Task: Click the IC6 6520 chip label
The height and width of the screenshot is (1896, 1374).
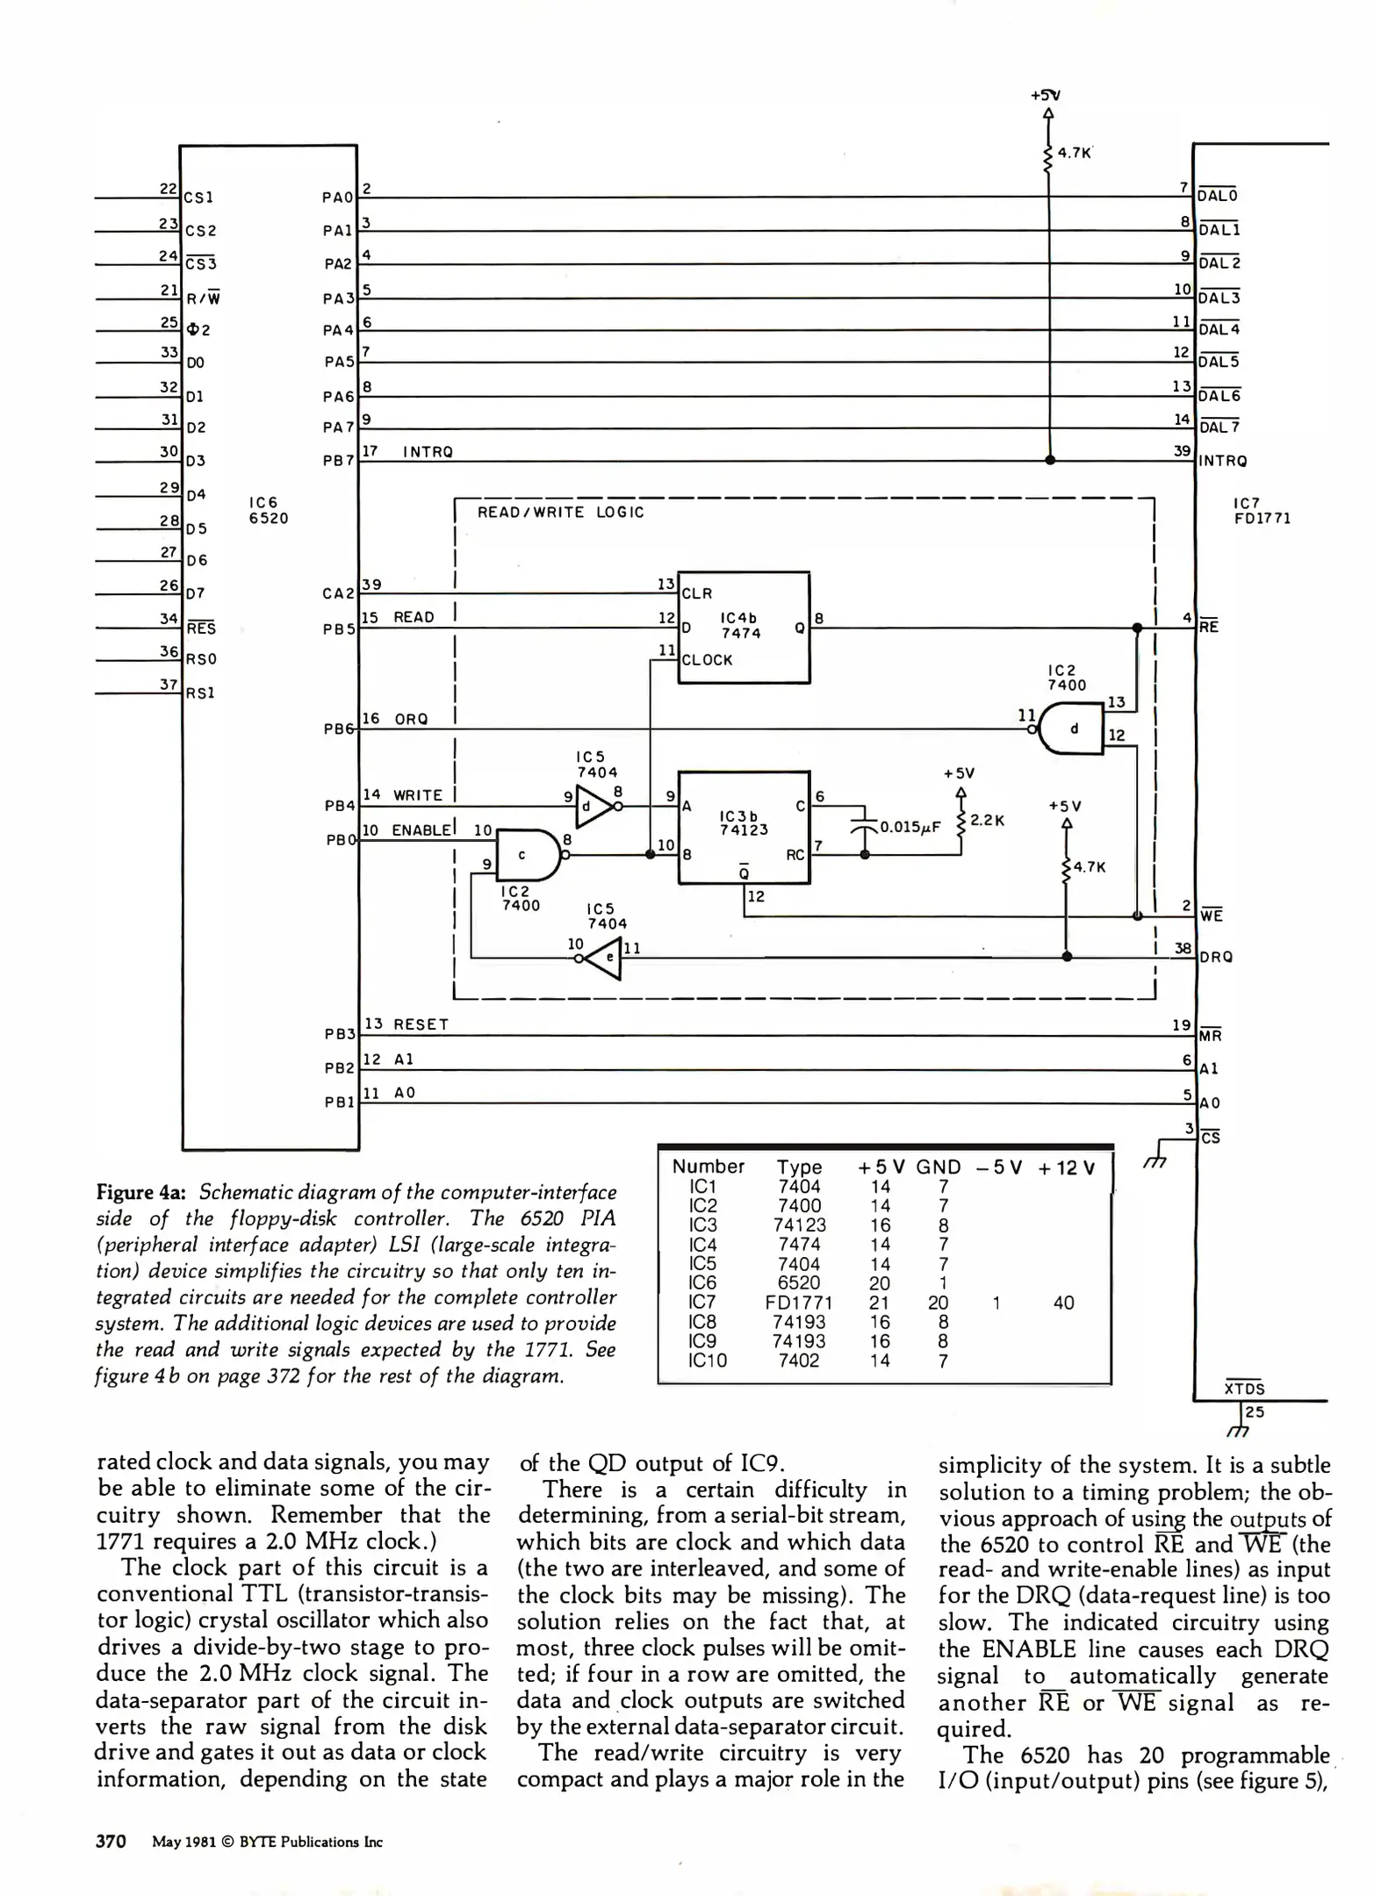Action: pos(269,510)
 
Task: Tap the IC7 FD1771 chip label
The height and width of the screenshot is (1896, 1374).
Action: pos(1262,511)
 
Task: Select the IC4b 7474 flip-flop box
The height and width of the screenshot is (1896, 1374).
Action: pos(745,628)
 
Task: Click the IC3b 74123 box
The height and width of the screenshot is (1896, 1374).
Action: pos(745,828)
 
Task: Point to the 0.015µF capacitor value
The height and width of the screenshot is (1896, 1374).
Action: pos(910,827)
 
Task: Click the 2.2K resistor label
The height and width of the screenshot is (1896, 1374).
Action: pos(987,820)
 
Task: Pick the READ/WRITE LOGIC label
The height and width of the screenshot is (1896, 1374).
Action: pos(560,513)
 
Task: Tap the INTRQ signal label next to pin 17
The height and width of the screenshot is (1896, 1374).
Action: pos(428,452)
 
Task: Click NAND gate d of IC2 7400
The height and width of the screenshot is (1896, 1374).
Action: pos(1070,728)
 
